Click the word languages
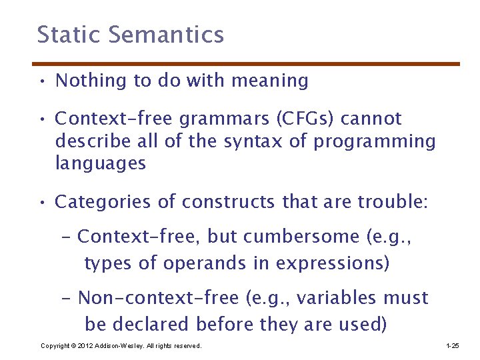(100, 164)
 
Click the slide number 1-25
(452, 346)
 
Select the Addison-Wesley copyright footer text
(121, 346)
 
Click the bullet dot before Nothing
(41, 82)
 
